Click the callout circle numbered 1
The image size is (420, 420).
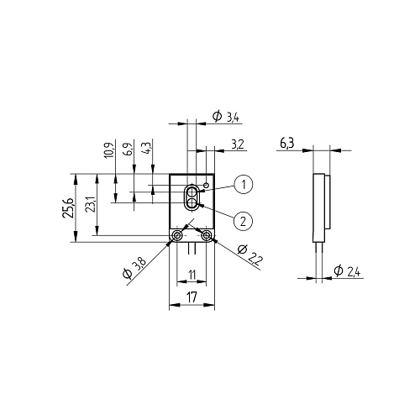coord(244,185)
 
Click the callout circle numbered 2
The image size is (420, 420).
coord(243,221)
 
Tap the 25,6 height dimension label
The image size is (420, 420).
coord(68,208)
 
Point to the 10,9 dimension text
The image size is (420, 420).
coord(110,149)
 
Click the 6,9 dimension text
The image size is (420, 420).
coord(128,149)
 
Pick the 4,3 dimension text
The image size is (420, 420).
coord(147,146)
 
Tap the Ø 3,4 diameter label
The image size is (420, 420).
coord(226,117)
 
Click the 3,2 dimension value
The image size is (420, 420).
coord(238,144)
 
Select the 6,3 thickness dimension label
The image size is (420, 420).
coord(286,144)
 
